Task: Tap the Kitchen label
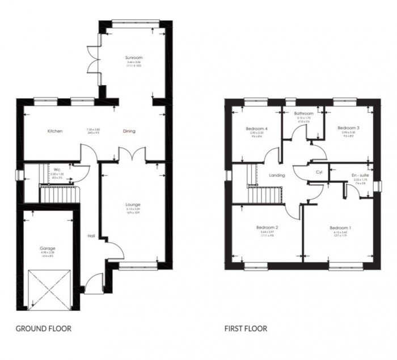tap(55, 131)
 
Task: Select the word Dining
tap(129, 131)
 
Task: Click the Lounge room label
tap(133, 204)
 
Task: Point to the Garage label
tap(47, 248)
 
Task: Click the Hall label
tap(90, 236)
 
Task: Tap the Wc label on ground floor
tap(57, 169)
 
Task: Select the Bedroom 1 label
tap(341, 228)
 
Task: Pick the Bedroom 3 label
tap(349, 128)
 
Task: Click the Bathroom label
tap(304, 113)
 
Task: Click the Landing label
tap(277, 175)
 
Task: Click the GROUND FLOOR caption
tap(44, 328)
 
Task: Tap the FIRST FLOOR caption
tap(245, 328)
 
